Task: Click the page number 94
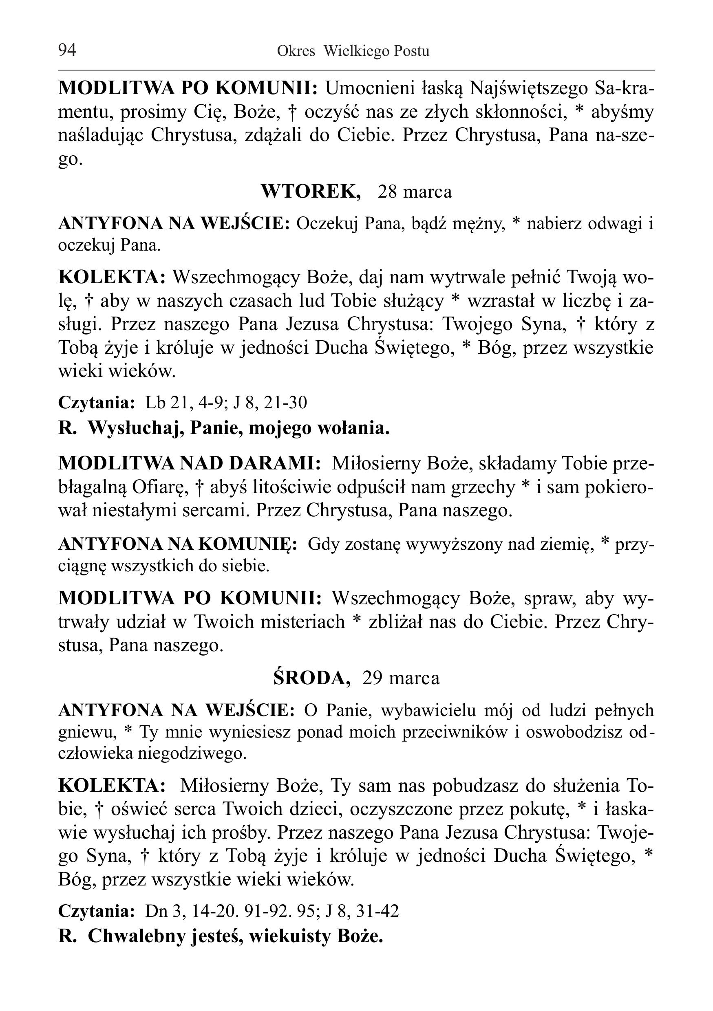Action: click(67, 50)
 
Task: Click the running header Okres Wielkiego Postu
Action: click(353, 51)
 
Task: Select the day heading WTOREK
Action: click(311, 192)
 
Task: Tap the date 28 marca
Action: click(415, 192)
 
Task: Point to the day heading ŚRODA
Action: click(312, 678)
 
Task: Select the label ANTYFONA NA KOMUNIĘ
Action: click(177, 544)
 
